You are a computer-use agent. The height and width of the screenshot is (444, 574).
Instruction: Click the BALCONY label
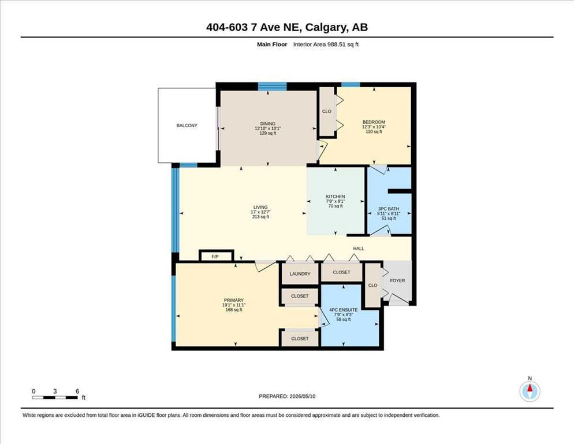[x=187, y=125]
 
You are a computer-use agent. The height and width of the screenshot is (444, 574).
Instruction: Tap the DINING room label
[x=267, y=124]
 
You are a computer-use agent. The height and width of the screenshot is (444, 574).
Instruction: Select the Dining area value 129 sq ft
[x=267, y=133]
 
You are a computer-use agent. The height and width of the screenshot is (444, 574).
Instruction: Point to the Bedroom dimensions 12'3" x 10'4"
[x=374, y=127]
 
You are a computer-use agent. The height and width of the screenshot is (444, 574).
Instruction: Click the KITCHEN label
[x=336, y=197]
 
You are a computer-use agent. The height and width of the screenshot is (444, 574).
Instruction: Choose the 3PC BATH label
[x=389, y=209]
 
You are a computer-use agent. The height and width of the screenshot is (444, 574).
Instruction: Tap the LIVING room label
[x=260, y=207]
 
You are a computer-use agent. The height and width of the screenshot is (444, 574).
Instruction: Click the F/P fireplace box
[x=216, y=256]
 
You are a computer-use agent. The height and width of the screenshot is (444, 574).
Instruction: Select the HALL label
[x=359, y=248]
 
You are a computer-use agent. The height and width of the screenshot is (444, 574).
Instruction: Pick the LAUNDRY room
[x=300, y=273]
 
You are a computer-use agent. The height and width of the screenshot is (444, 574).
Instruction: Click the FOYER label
[x=397, y=280]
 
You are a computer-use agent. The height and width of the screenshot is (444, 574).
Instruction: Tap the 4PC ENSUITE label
[x=344, y=310]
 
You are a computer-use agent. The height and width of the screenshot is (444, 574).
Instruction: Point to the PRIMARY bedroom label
[x=233, y=300]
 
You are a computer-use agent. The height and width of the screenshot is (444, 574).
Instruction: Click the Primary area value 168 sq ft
[x=233, y=310]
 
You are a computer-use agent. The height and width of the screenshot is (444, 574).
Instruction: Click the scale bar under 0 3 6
[x=55, y=397]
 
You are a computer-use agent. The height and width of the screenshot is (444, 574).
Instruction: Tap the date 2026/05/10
[x=303, y=397]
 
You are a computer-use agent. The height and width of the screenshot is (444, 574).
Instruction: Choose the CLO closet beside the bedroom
[x=326, y=112]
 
